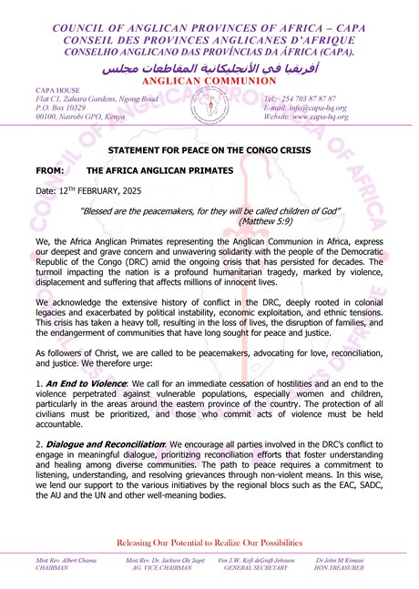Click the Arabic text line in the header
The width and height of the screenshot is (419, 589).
pos(209,68)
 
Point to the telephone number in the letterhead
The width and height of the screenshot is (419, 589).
pos(300,98)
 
